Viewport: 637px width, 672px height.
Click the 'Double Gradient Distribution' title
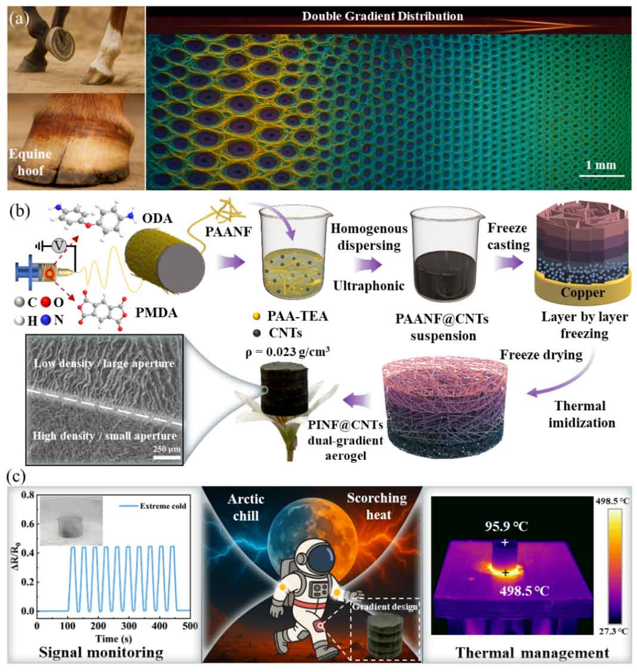pos(382,16)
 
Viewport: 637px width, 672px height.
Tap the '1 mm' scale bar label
pos(601,164)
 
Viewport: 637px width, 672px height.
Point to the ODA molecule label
pos(158,218)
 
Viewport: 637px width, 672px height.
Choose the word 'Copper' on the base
pos(582,293)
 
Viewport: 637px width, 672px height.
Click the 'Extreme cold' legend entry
pos(163,506)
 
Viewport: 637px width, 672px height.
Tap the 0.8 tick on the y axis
pos(24,495)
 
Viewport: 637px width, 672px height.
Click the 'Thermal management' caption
pos(532,652)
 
